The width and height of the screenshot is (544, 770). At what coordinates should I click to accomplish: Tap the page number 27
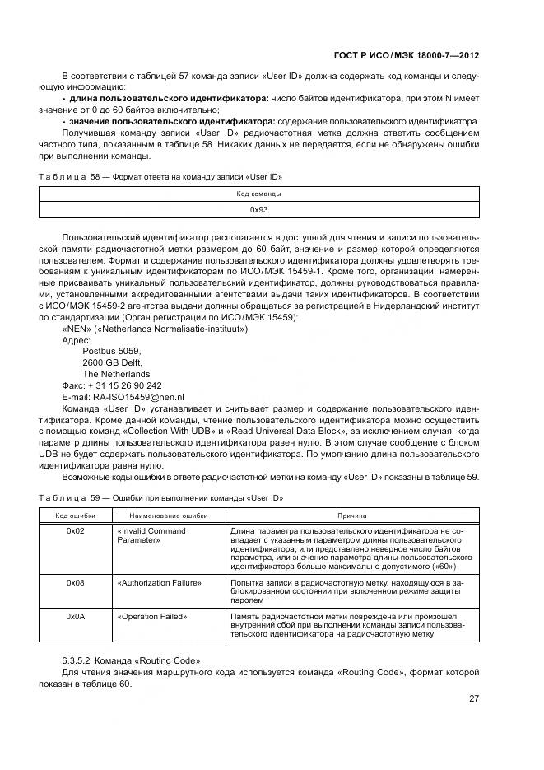pos(474,699)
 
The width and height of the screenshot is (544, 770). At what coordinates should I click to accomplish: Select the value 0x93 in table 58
pos(260,210)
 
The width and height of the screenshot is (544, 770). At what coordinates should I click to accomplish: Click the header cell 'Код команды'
pos(260,194)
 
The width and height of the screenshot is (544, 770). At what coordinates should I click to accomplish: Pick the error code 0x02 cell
pos(76,531)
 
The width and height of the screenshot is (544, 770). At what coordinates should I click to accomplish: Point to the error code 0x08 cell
pos(76,582)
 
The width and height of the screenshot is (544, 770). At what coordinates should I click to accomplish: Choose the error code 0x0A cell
pos(76,616)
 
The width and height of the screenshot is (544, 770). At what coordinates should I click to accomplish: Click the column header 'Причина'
pos(351,515)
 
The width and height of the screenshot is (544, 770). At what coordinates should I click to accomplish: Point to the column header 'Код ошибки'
pos(76,515)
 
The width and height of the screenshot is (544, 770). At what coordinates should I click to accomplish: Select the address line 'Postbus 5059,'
pos(112,350)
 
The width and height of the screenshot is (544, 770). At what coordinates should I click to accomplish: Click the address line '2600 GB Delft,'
pos(113,362)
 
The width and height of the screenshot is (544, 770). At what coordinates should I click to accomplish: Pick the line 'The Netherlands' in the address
pos(116,373)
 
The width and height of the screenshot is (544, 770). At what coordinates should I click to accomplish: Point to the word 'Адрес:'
pos(77,338)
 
